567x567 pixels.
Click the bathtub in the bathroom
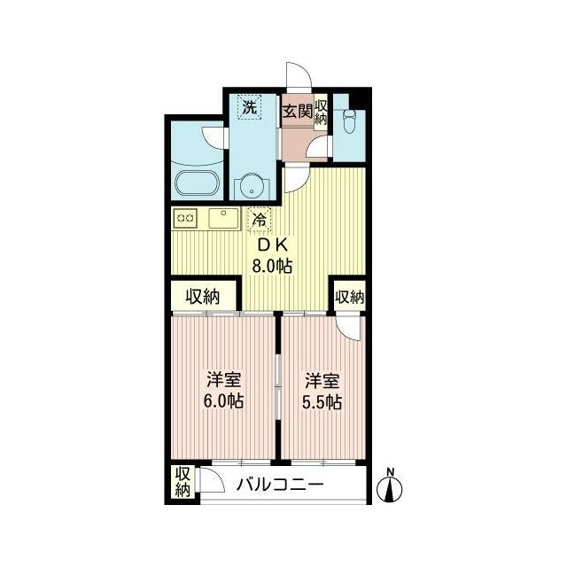[x=198, y=186]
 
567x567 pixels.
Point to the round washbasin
[x=251, y=187]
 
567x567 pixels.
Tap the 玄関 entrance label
[x=296, y=112]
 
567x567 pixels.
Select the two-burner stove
[x=186, y=217]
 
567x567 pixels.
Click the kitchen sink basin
[x=223, y=217]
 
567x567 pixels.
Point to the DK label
[x=270, y=244]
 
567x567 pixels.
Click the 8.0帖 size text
[x=271, y=265]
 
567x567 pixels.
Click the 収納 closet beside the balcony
[x=183, y=482]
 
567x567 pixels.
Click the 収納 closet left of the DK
[x=204, y=298]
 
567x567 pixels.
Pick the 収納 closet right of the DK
[x=350, y=298]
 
